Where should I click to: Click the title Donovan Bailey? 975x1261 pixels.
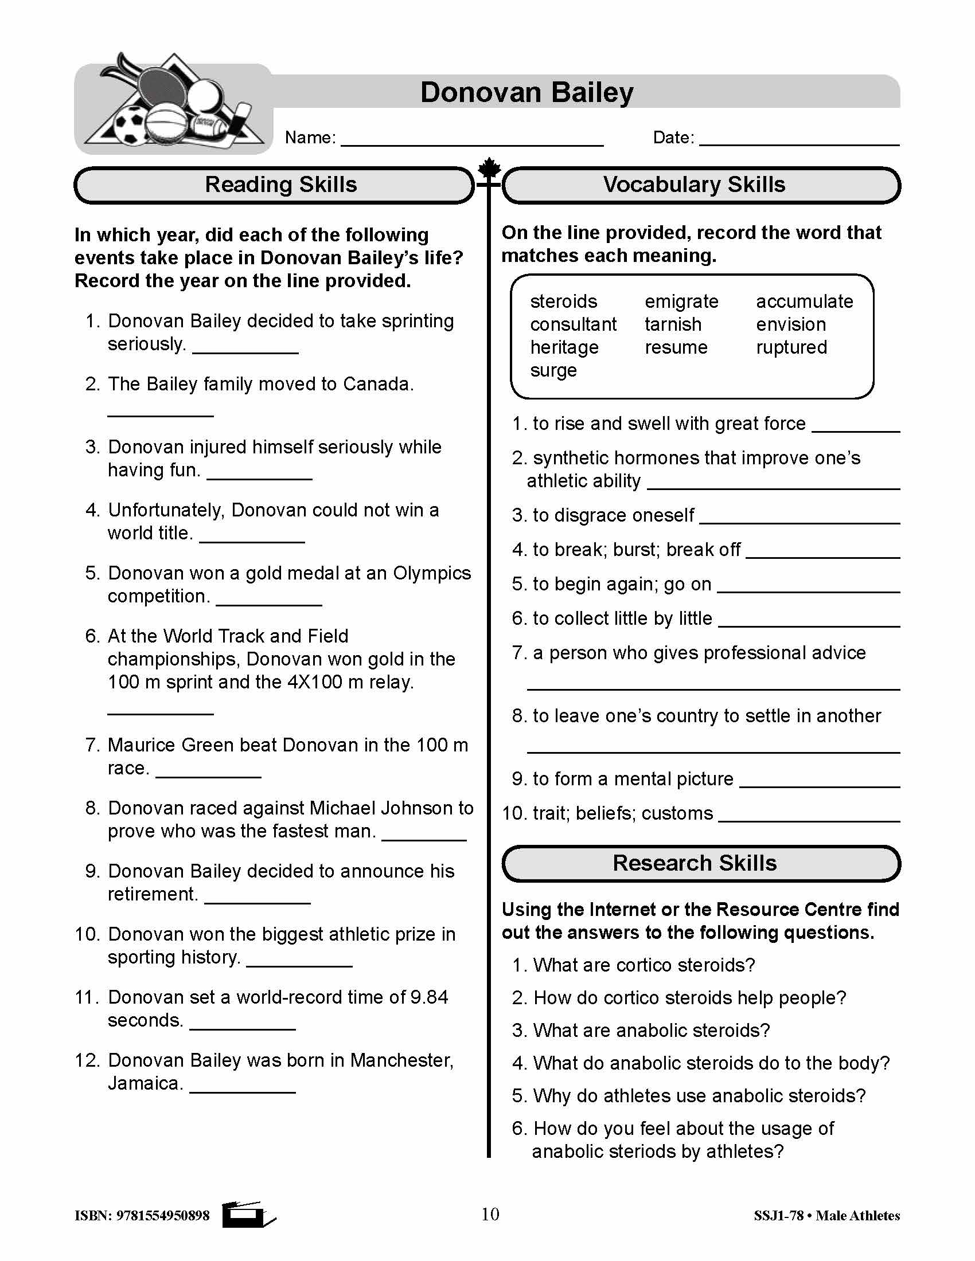tap(526, 92)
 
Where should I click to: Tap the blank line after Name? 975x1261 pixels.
tap(472, 142)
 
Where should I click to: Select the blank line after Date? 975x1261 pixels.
tap(799, 142)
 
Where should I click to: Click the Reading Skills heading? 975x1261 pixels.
tap(280, 185)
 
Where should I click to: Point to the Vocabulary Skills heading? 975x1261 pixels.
tap(694, 185)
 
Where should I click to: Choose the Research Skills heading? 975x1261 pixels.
tap(695, 863)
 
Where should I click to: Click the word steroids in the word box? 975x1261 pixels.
tap(563, 301)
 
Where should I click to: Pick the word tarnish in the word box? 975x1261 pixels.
tap(673, 324)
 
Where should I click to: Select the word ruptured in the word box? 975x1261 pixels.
tap(791, 347)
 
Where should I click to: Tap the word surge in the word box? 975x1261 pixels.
tap(553, 370)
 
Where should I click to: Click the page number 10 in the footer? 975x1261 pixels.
tap(490, 1214)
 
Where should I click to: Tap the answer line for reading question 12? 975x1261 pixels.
tap(242, 1090)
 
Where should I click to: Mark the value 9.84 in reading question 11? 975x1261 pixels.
tap(428, 998)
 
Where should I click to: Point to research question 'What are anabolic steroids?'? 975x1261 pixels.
tap(651, 1030)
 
